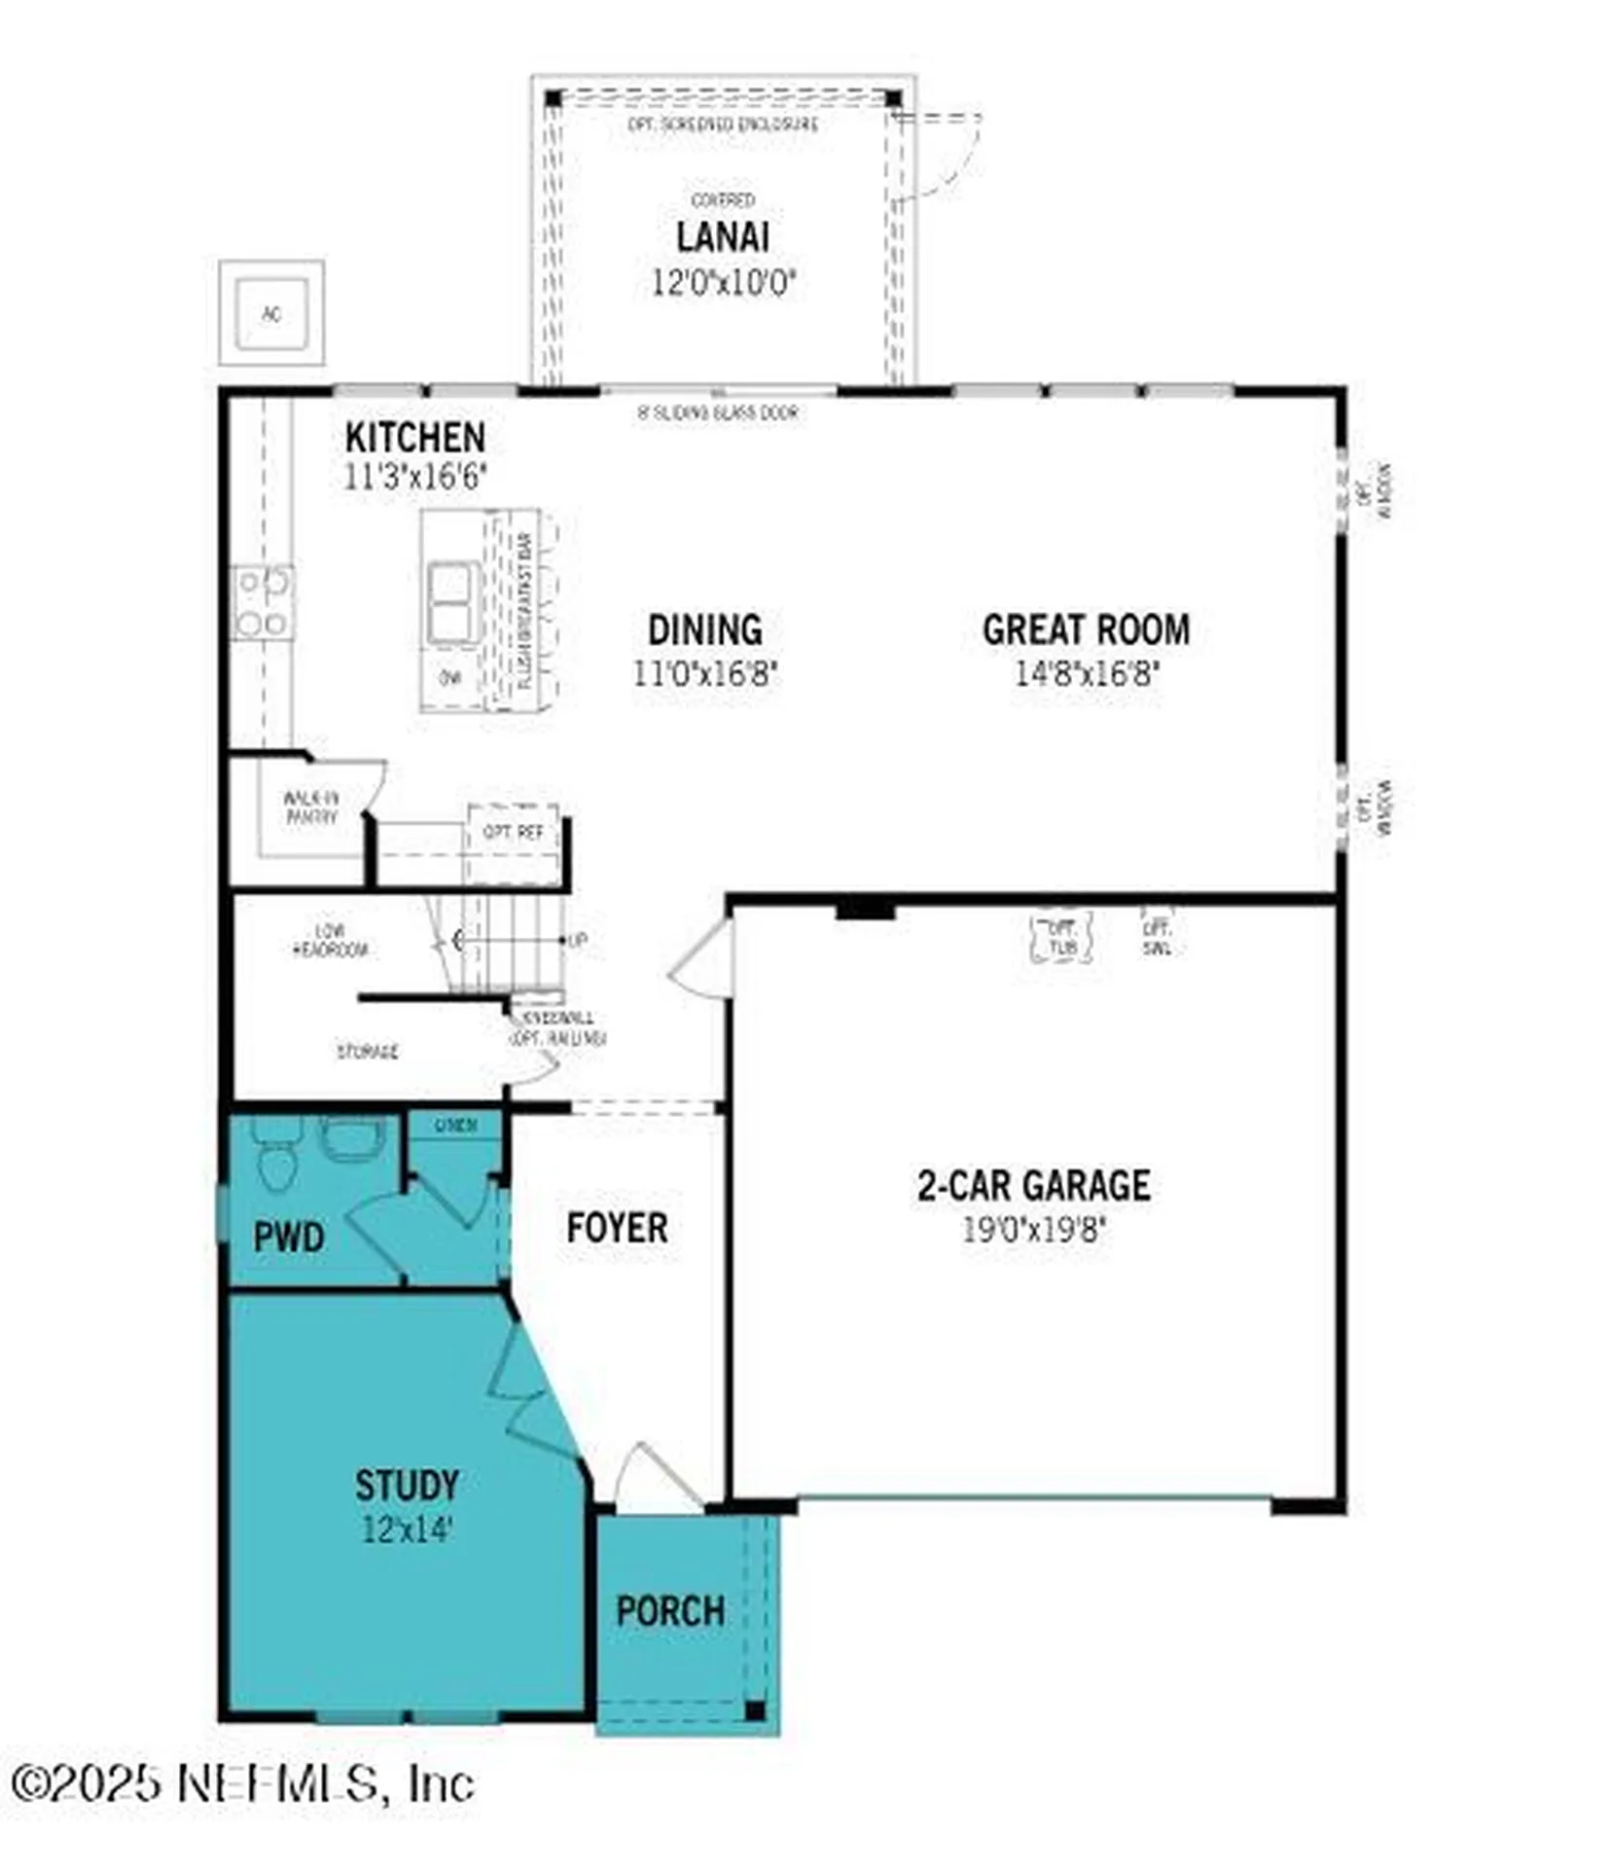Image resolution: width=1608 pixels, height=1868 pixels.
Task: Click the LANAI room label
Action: pyautogui.click(x=722, y=236)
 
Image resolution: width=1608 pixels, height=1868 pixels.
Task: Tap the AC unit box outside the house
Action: pyautogui.click(x=271, y=313)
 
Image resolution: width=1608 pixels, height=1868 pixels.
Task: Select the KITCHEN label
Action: pyautogui.click(x=414, y=437)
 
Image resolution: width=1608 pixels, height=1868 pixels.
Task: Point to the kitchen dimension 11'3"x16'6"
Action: pyautogui.click(x=414, y=477)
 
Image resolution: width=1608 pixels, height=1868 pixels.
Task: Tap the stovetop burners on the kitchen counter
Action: pyautogui.click(x=263, y=603)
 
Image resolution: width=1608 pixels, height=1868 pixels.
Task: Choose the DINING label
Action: pyautogui.click(x=705, y=629)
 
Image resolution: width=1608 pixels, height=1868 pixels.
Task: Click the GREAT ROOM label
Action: pyautogui.click(x=1086, y=629)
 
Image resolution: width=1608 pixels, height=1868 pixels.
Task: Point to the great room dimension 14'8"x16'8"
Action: pyautogui.click(x=1087, y=672)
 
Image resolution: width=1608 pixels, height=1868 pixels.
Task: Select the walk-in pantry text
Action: pyautogui.click(x=311, y=808)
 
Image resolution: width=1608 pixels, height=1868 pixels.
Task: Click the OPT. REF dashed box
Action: pyautogui.click(x=513, y=833)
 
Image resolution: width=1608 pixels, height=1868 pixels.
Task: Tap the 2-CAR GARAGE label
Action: pyautogui.click(x=1034, y=1185)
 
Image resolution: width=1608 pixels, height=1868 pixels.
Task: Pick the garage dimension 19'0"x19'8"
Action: pyautogui.click(x=1034, y=1230)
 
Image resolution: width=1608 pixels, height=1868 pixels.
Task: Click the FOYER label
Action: pyautogui.click(x=617, y=1227)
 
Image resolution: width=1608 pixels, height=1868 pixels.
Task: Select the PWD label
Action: pyautogui.click(x=289, y=1237)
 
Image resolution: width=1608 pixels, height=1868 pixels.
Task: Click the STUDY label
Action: pyautogui.click(x=407, y=1486)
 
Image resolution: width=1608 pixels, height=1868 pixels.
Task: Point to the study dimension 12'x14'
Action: pyautogui.click(x=407, y=1529)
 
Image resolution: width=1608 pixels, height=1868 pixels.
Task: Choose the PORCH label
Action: pyautogui.click(x=670, y=1611)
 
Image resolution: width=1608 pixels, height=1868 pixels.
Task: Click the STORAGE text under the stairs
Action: pyautogui.click(x=368, y=1052)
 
